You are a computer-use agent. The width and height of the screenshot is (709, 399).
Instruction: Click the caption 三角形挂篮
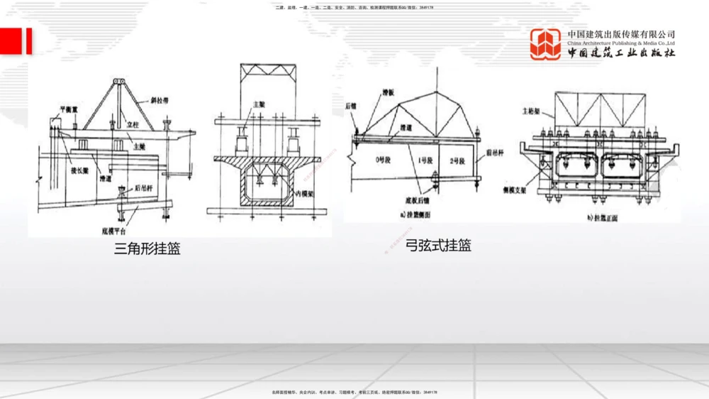click(147, 248)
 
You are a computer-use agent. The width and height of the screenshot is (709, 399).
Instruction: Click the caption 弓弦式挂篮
click(438, 246)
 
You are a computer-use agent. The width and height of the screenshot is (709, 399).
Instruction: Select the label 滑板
click(386, 92)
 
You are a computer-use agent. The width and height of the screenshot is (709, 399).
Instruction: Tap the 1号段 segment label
click(424, 162)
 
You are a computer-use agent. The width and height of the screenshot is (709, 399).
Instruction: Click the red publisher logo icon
click(546, 44)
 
